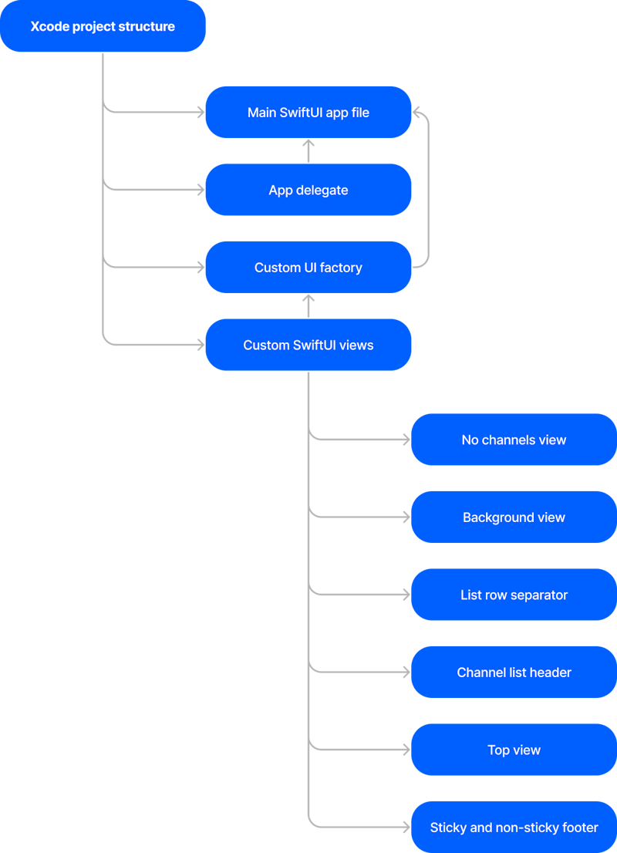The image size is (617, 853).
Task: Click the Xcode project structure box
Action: tap(103, 26)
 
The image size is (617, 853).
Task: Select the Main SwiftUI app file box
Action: tap(308, 113)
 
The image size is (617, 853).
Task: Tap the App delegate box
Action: tap(308, 190)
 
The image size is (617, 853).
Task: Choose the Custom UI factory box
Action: tap(308, 268)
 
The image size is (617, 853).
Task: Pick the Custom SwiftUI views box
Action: tap(308, 345)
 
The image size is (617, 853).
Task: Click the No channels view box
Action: tap(514, 440)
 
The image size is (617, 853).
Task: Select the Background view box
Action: tap(514, 518)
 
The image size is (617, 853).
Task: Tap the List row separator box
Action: tap(514, 595)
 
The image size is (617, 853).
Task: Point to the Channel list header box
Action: tap(514, 673)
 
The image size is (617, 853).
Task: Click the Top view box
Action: tap(514, 750)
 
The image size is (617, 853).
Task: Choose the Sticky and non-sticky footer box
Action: tap(514, 828)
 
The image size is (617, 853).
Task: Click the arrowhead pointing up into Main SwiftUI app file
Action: tap(308, 143)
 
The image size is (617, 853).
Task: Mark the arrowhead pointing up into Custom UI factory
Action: tap(308, 298)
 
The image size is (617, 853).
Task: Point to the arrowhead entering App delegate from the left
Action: tap(200, 190)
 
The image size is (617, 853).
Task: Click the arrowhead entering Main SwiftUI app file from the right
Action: tap(417, 113)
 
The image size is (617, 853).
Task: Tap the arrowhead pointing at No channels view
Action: tap(406, 440)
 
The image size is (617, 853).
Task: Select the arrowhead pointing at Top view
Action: tap(406, 750)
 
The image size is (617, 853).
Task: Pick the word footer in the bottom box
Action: tap(579, 828)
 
